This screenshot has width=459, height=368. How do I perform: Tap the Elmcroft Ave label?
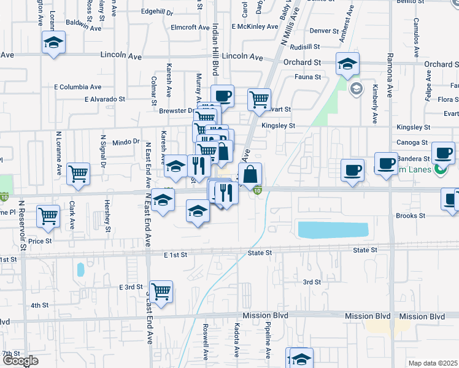coord(191,28)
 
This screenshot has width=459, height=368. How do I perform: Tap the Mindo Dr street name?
coord(126,142)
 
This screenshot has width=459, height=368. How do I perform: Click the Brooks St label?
coord(411,216)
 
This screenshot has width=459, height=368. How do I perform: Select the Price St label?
coord(40,242)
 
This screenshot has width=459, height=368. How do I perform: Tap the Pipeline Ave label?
coord(268,342)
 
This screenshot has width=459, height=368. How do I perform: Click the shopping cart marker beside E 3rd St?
coord(161,292)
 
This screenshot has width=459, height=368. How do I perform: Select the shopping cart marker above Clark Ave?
coord(79,174)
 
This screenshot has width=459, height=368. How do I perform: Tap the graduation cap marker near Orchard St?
coord(347,64)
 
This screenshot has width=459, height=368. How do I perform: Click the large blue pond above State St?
coord(332,230)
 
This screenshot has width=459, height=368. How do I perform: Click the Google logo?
coord(21,361)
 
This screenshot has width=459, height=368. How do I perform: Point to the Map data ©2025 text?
coord(433,363)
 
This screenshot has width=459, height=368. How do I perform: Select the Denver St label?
coord(325,31)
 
